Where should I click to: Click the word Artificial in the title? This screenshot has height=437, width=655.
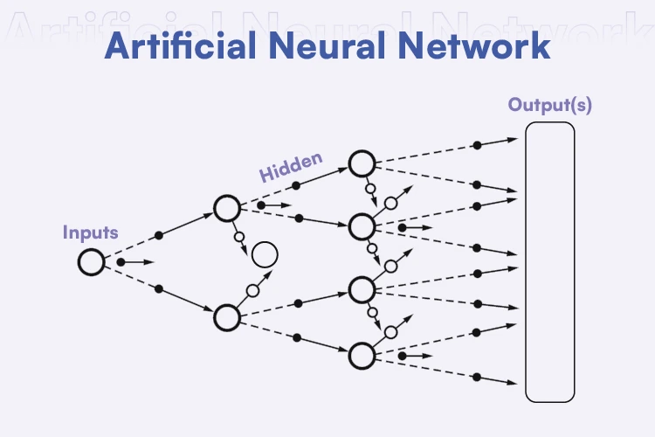point(182,45)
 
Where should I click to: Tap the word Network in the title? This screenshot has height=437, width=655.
point(478,45)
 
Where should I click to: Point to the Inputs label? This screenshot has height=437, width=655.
point(90,232)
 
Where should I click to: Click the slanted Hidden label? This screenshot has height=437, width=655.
point(291,167)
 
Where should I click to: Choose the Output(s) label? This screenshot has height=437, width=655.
point(550,106)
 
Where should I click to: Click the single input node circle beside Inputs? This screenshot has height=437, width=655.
point(90,261)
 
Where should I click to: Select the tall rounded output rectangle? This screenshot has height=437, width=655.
point(549,261)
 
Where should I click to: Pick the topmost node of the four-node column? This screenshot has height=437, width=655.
point(362,163)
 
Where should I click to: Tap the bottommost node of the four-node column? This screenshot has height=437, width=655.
point(362,355)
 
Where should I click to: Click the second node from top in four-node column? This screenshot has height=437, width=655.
point(362,226)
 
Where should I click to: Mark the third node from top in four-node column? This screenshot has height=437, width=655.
point(362,288)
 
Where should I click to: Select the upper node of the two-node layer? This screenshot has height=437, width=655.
point(226,208)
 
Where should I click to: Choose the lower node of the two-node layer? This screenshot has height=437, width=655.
point(226,316)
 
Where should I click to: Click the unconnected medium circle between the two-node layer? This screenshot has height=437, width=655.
point(264,255)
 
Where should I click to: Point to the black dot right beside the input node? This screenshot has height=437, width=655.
point(120,261)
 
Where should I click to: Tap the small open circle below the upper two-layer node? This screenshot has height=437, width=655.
point(238,235)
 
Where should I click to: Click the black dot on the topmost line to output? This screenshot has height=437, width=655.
point(476,144)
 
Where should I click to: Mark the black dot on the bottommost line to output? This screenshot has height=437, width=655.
point(476,377)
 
